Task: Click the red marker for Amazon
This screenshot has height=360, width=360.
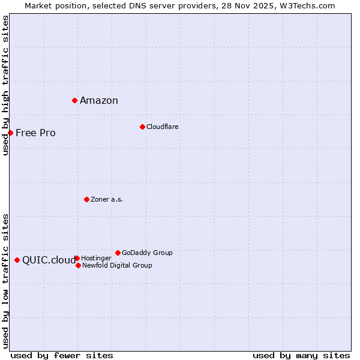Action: coord(74,100)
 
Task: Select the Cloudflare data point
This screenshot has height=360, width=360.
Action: coord(142,127)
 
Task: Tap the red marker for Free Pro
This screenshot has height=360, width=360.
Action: coord(10,133)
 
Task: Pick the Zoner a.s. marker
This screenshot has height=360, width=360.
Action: coord(86,199)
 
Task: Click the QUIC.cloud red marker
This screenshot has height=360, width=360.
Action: coord(17,260)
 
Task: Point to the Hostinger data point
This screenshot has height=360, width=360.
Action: coord(77,258)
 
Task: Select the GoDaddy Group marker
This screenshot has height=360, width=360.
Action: coord(118,253)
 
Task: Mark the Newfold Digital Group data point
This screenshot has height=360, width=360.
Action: coord(78,265)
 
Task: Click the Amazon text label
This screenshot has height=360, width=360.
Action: coord(99,101)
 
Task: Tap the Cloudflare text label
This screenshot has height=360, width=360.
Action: coord(163,127)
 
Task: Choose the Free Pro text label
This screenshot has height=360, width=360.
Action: coord(35,133)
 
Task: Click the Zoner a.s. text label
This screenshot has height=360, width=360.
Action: coord(107,199)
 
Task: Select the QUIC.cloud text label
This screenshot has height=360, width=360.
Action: coord(49,260)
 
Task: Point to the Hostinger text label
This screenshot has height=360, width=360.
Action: coord(96,258)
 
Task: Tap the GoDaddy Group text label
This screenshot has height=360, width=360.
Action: coord(147,253)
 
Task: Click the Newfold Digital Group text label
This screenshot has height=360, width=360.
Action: coord(117,265)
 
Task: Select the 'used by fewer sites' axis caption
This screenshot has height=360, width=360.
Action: coord(62,355)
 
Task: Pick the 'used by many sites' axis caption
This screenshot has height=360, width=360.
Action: coord(301,355)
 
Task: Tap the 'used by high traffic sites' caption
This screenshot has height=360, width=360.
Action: coord(5,85)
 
